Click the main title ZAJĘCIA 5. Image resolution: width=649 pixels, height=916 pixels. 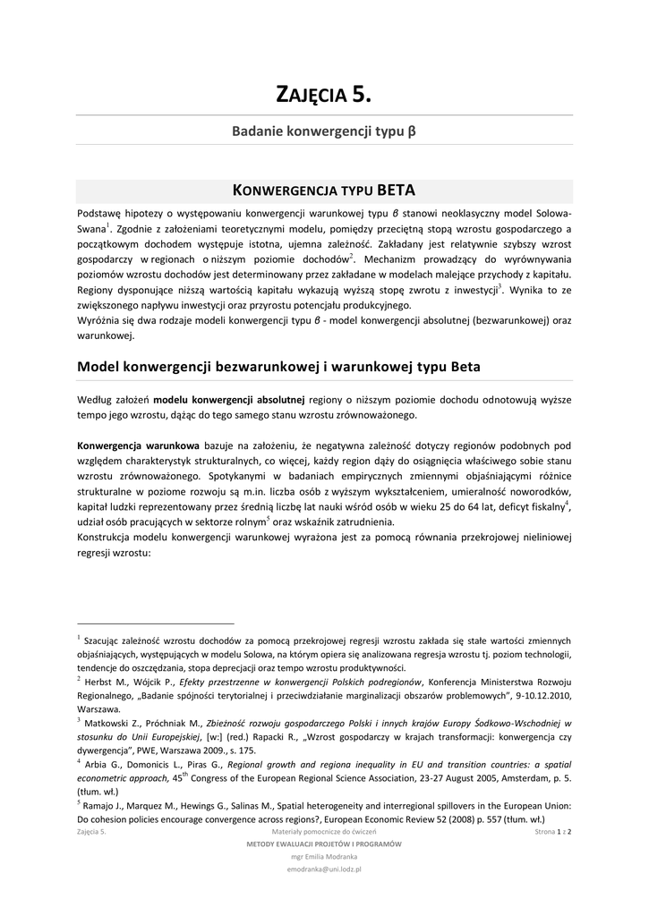324,93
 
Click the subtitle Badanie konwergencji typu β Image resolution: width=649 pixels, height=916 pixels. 324,131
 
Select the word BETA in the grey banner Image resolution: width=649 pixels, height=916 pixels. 396,191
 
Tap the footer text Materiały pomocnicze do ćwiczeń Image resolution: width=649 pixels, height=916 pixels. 324,832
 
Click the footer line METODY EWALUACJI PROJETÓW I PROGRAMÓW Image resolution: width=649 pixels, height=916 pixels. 324,844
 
